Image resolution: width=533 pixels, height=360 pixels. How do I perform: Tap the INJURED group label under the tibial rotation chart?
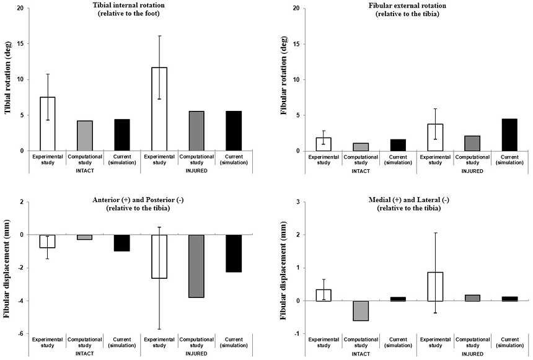tap(196, 171)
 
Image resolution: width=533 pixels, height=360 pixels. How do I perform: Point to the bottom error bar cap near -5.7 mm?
tap(159, 329)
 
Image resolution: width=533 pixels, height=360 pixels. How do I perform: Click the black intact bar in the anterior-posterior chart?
tap(121, 243)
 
